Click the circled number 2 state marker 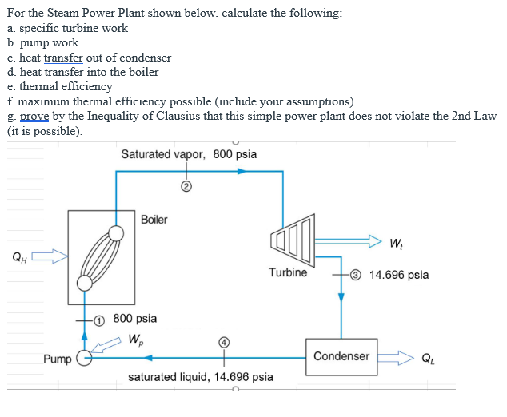pyautogui.click(x=186, y=189)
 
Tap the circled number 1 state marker pyautogui.click(x=99, y=319)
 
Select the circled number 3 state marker pyautogui.click(x=356, y=275)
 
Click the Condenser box pyautogui.click(x=341, y=356)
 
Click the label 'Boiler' pyautogui.click(x=154, y=220)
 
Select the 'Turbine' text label pyautogui.click(x=288, y=272)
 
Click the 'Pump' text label pyautogui.click(x=57, y=359)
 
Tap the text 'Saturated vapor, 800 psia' pyautogui.click(x=189, y=153)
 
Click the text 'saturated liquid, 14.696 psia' pyautogui.click(x=201, y=376)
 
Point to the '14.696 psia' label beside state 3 pyautogui.click(x=398, y=275)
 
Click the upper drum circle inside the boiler pyautogui.click(x=116, y=232)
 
